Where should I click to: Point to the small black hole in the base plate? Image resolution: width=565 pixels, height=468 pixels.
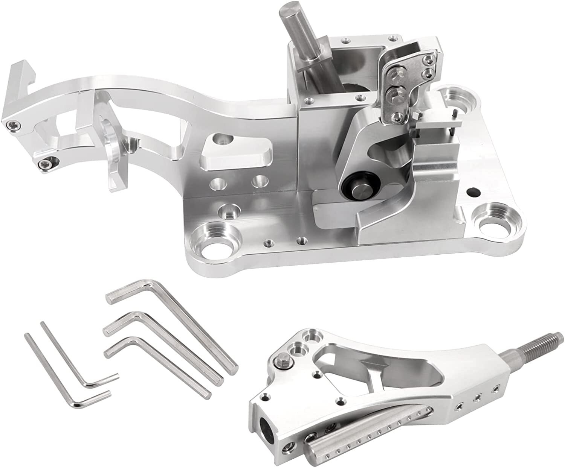pos(470,192)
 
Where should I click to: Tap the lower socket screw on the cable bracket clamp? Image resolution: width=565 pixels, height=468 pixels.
pos(45,163)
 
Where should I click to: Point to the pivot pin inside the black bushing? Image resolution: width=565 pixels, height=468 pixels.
pos(359,187)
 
